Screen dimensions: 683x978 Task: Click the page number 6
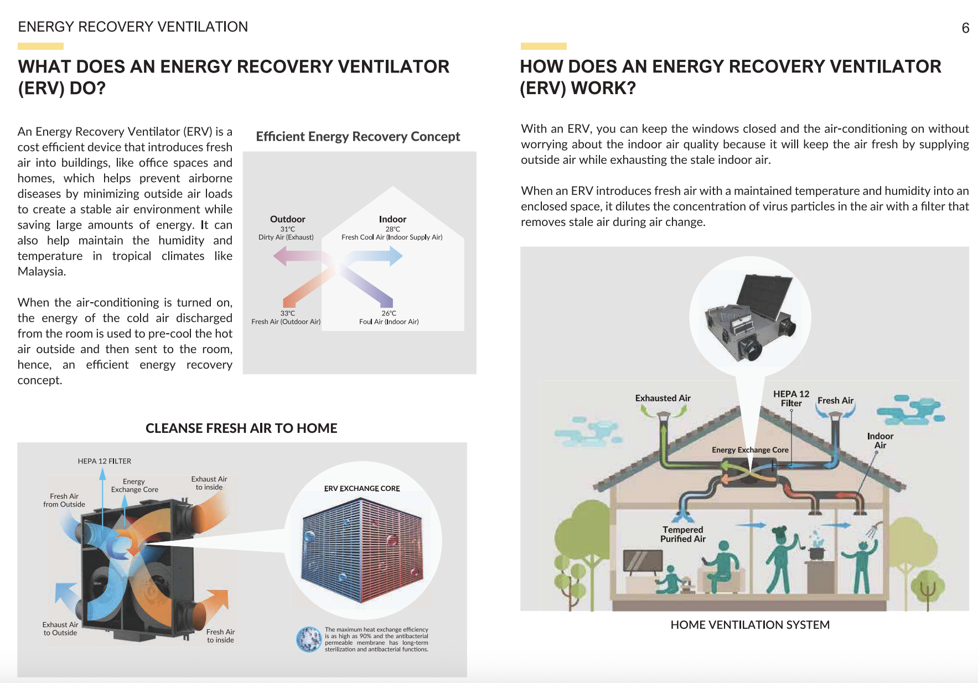(x=965, y=28)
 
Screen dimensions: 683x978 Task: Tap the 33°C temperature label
(x=287, y=313)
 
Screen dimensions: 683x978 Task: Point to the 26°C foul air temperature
(x=389, y=313)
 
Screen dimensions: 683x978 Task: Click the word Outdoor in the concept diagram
(x=287, y=219)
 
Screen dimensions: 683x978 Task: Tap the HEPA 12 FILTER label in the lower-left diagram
(x=104, y=461)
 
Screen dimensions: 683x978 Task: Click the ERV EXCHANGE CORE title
(x=362, y=488)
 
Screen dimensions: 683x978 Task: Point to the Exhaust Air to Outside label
(x=60, y=629)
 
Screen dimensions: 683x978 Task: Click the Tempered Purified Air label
(x=682, y=534)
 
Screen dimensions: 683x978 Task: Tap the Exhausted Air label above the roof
(x=663, y=398)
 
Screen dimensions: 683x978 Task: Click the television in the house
(x=642, y=561)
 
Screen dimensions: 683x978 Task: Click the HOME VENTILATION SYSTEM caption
(x=749, y=625)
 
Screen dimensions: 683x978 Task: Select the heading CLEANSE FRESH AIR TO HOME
(x=241, y=428)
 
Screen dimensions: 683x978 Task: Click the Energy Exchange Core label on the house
(x=749, y=450)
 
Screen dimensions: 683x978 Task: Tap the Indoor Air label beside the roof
(x=879, y=441)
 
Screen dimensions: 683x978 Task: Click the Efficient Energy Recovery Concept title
(x=358, y=137)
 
